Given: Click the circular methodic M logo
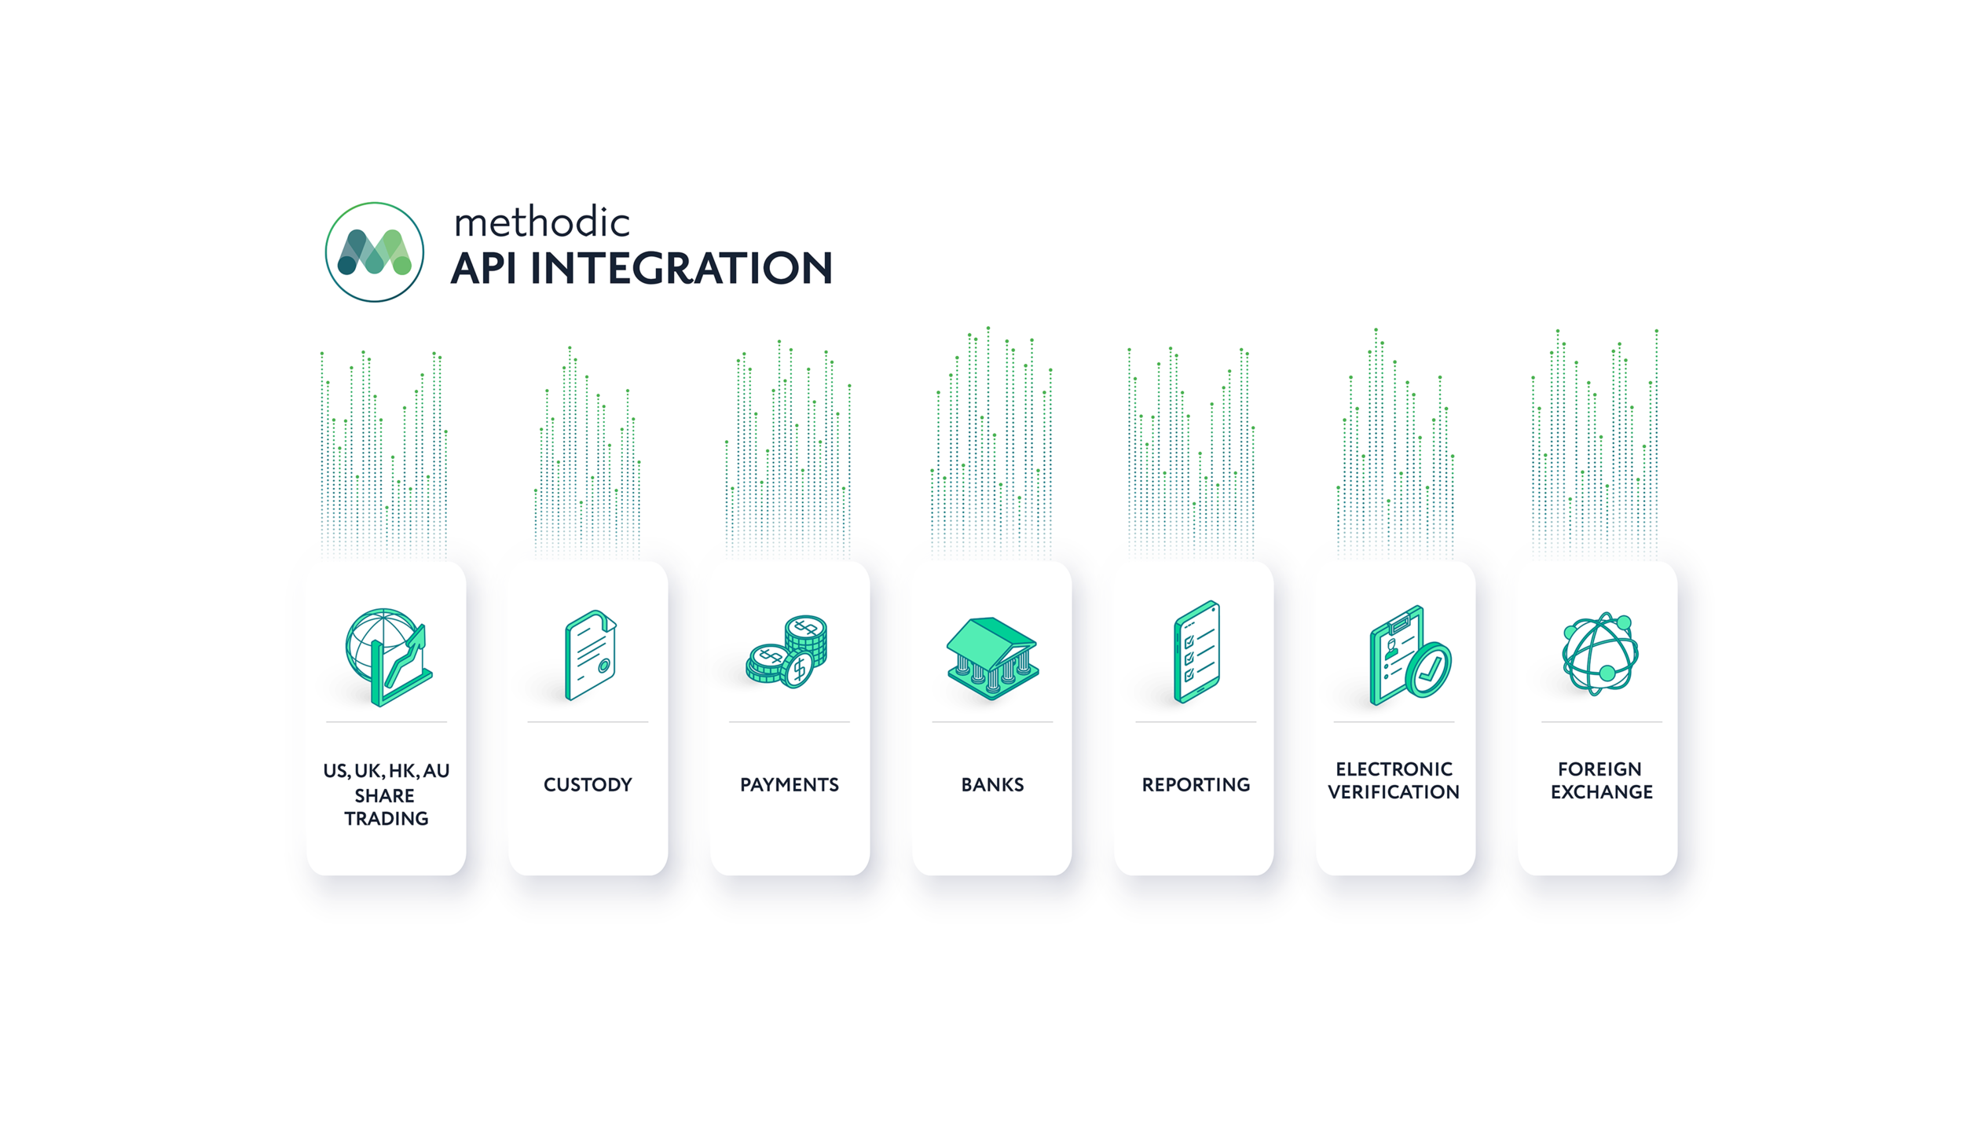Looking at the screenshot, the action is coord(374,251).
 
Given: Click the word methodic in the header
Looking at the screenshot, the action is coord(541,222).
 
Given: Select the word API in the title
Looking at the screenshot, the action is coord(483,268).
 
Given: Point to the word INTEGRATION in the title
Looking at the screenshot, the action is coord(680,268).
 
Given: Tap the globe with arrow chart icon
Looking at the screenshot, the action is coord(388,656).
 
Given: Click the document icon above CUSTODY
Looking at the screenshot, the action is coord(590,655).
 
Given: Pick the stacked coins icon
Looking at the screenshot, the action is coord(787,651).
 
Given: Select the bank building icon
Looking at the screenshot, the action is coord(992,658).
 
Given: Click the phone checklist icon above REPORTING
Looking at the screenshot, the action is coord(1196,651).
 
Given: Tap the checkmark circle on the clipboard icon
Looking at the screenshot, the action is coord(1428,670).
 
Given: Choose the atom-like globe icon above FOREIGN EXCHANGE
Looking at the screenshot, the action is coord(1599,653).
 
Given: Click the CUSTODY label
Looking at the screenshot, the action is coord(588,784).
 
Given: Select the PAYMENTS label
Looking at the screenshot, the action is coord(789,784).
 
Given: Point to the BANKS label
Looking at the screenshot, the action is coord(992,784).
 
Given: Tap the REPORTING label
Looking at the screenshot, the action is coord(1195,784).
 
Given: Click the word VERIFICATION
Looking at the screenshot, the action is coord(1393,791).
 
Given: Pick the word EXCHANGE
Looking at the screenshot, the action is coord(1601,791).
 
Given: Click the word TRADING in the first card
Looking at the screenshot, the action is coord(386,818).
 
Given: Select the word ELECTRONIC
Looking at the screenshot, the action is coord(1394,769).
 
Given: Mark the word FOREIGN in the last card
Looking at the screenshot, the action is coord(1599,769).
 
